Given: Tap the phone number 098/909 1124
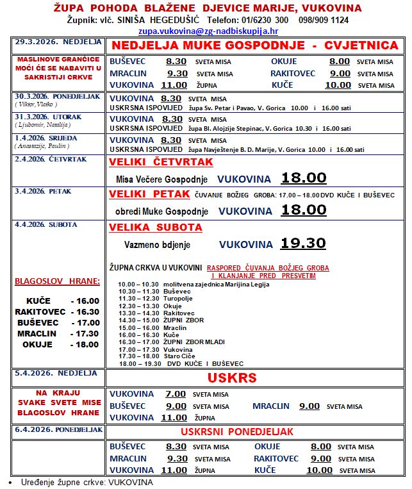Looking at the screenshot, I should click(323, 20).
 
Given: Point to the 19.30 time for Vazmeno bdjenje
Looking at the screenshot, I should click(302, 244).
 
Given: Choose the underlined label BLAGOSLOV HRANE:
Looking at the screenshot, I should click(58, 281).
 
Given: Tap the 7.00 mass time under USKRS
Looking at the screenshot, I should click(176, 394).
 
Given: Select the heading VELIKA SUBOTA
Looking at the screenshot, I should click(156, 228).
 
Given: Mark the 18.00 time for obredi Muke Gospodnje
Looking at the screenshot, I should click(302, 210).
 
